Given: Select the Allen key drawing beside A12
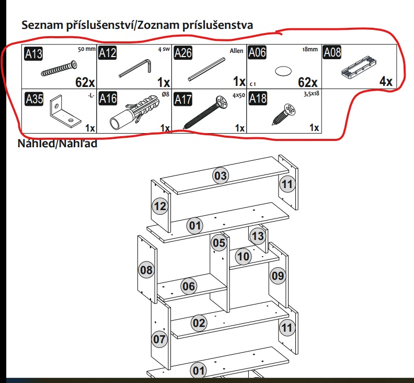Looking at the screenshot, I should tap(135, 69).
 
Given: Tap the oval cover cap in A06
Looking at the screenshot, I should tap(283, 71).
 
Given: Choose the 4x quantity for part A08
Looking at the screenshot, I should tap(385, 82).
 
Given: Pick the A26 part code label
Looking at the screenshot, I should tap(183, 53).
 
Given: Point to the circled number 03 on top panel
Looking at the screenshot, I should tap(221, 176).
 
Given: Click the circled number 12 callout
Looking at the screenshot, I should tap(160, 206).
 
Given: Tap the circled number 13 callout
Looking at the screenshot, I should tap(258, 236).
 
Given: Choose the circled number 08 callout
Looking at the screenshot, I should tap(147, 270).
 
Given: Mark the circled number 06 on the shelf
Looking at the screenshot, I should tap(189, 286).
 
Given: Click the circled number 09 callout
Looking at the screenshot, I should tap(278, 276).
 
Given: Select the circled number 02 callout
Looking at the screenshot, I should tap(199, 323).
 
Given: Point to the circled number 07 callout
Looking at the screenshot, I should tap(159, 339).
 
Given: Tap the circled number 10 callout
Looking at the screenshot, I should tap(243, 257).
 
